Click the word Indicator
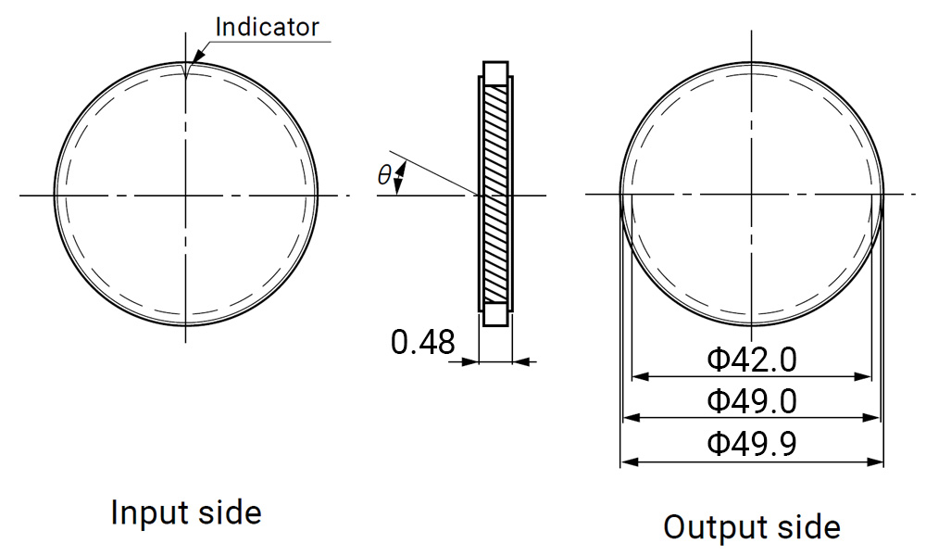[267, 26]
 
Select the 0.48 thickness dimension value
[423, 343]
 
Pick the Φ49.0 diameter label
[751, 401]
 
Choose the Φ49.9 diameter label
[751, 444]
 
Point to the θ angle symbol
[384, 174]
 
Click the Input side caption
[186, 512]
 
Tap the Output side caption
[752, 526]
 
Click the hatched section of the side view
[496, 195]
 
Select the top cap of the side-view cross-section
[496, 72]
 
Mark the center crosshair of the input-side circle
[186, 195]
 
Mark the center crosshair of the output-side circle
[752, 195]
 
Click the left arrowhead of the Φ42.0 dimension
[637, 376]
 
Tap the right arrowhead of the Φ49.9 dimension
[878, 461]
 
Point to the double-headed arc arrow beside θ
[400, 178]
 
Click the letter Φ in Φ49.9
[719, 444]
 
